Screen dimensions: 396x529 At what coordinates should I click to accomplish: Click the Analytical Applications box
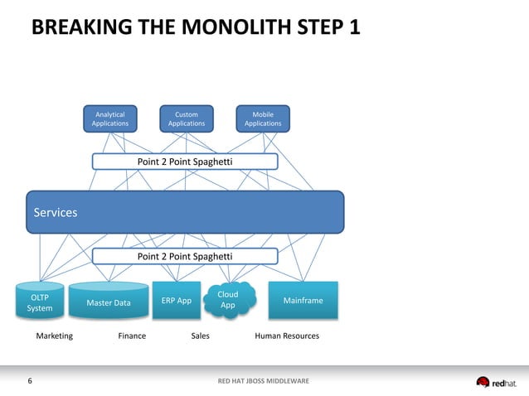[109, 118]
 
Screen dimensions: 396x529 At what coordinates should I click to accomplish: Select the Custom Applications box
[187, 118]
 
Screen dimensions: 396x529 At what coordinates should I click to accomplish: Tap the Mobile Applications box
[263, 118]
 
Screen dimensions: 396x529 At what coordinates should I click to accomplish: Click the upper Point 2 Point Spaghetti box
[184, 161]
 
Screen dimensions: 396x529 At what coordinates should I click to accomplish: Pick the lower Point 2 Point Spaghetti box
[184, 257]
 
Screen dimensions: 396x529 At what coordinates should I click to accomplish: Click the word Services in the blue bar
[56, 213]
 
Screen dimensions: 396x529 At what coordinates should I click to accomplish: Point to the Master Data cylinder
[108, 302]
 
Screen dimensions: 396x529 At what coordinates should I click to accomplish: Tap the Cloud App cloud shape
[228, 300]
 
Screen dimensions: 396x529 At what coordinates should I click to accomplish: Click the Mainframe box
[303, 301]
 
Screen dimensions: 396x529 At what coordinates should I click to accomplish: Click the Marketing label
[54, 336]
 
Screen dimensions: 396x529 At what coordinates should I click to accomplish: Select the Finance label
[132, 336]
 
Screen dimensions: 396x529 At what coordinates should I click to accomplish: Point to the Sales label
[200, 336]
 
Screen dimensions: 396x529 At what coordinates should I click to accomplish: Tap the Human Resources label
[286, 336]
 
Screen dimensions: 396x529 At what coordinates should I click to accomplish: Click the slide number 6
[31, 381]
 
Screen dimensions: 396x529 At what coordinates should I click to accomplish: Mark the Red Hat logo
[496, 382]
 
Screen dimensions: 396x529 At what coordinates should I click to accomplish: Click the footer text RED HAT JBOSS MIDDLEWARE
[263, 381]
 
